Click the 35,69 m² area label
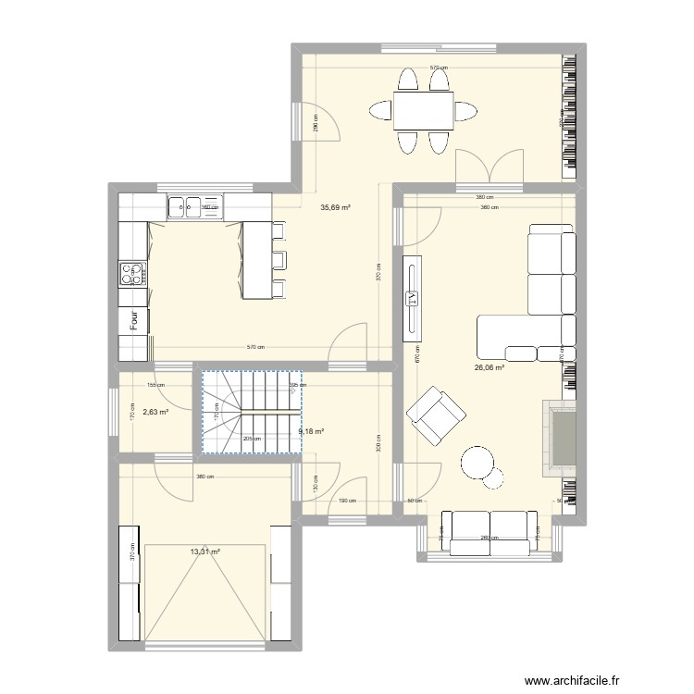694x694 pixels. point(335,208)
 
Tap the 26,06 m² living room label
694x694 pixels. point(489,367)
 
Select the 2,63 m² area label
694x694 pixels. point(155,413)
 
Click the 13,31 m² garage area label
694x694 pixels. point(204,552)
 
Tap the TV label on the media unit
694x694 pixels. point(413,298)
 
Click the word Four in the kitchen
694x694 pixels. point(134,321)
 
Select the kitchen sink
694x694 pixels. point(195,207)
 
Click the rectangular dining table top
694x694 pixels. point(423,111)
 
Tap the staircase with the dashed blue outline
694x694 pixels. point(252,412)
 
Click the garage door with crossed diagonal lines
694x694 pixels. point(205,592)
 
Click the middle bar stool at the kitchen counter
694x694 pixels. point(279,258)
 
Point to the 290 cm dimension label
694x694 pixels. point(315,121)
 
